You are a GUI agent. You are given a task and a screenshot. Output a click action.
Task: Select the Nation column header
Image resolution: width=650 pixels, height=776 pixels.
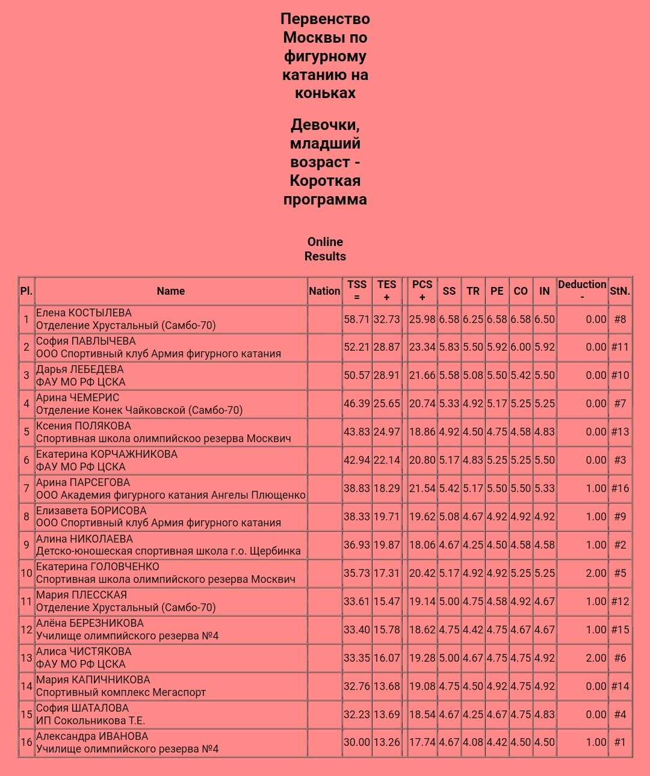pos(324,291)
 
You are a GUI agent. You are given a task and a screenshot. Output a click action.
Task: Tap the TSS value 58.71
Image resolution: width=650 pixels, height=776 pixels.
pos(356,319)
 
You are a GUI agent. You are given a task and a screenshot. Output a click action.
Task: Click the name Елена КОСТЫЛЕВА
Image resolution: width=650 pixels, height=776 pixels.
pos(84,313)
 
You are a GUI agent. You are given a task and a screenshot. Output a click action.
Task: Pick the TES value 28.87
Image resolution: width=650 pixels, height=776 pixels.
pos(386,347)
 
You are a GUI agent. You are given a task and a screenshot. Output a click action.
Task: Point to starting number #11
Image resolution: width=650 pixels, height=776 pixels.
pos(619,347)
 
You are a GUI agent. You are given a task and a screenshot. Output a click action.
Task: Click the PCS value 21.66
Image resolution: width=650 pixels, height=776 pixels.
pos(422,375)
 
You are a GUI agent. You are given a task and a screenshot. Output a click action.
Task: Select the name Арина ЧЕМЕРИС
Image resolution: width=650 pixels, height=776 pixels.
pos(78,398)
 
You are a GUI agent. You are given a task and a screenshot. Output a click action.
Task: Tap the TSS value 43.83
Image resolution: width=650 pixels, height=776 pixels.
pos(356,432)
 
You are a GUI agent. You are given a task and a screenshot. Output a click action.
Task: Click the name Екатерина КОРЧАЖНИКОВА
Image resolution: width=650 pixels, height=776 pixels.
pos(107,454)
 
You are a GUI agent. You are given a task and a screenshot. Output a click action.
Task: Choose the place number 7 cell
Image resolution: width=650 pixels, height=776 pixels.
pos(26,488)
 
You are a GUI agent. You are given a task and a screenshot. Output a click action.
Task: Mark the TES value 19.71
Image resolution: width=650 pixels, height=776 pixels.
pos(386,517)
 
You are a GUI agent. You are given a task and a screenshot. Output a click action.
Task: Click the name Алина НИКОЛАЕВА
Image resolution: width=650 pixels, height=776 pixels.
pos(84,539)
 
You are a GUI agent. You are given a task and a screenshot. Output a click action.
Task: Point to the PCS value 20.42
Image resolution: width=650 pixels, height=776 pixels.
pos(422,573)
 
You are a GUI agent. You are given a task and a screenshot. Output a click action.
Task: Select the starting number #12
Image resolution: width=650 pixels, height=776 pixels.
pos(619,602)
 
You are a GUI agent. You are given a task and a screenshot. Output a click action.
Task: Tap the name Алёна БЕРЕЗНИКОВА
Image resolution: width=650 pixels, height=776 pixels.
pos(90,623)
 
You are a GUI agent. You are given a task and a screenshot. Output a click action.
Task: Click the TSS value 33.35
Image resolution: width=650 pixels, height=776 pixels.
pos(356,658)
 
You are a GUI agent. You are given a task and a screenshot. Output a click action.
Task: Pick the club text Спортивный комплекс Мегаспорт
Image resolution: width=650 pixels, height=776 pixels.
pos(121,692)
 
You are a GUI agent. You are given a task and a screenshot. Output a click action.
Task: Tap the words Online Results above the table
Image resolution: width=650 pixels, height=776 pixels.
pos(325,249)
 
